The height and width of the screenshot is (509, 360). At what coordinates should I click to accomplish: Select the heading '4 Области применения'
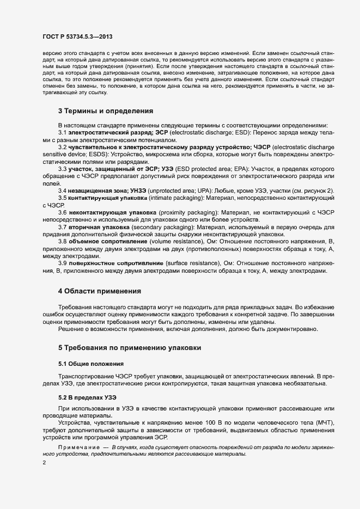(100, 291)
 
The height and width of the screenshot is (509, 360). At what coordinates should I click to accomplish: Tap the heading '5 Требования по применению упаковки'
(131, 347)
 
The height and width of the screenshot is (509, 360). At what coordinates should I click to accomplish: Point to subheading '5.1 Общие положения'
(91, 363)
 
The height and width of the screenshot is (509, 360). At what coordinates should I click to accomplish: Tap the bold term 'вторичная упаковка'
(97, 226)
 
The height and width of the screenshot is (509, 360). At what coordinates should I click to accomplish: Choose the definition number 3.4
(63, 191)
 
